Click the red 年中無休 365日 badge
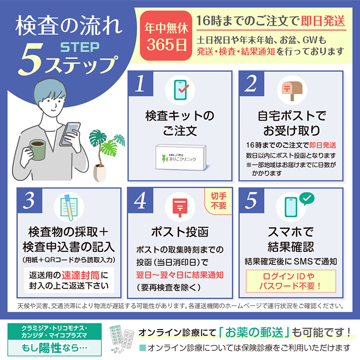click(x=166, y=36)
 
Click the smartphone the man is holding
click(x=70, y=134)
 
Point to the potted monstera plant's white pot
click(x=100, y=173)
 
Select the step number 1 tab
click(x=140, y=83)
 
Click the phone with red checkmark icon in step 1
click(x=180, y=90)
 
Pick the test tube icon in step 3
click(x=69, y=208)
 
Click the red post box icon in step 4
click(x=180, y=208)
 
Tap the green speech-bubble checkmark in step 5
click(x=307, y=198)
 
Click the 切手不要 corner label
click(x=218, y=201)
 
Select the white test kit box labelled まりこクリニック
click(x=181, y=157)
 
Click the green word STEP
click(x=80, y=47)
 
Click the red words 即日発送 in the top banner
click(x=323, y=21)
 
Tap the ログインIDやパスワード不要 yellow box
click(x=291, y=281)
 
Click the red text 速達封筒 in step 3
click(x=81, y=275)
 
